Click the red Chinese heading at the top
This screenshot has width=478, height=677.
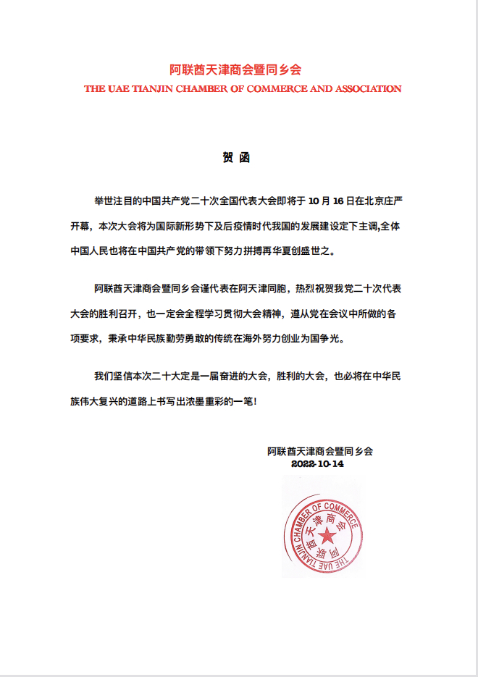[235, 70]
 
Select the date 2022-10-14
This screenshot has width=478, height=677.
[317, 464]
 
